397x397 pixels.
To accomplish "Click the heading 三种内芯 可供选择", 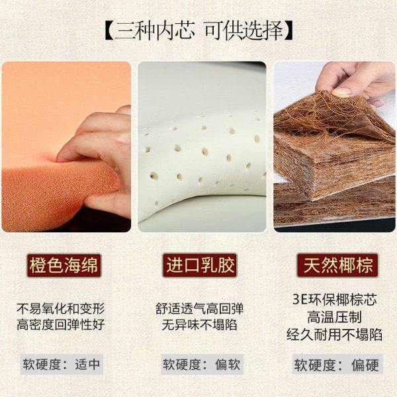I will click(x=198, y=31).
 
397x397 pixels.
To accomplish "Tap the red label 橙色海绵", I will click(x=64, y=267).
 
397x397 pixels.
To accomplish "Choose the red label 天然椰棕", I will click(x=337, y=267).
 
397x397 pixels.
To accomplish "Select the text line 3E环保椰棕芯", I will click(x=337, y=298).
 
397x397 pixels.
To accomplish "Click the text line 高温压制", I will click(x=337, y=316).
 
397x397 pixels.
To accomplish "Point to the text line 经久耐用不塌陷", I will click(x=337, y=334).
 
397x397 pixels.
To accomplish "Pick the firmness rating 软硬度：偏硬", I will click(x=337, y=365).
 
